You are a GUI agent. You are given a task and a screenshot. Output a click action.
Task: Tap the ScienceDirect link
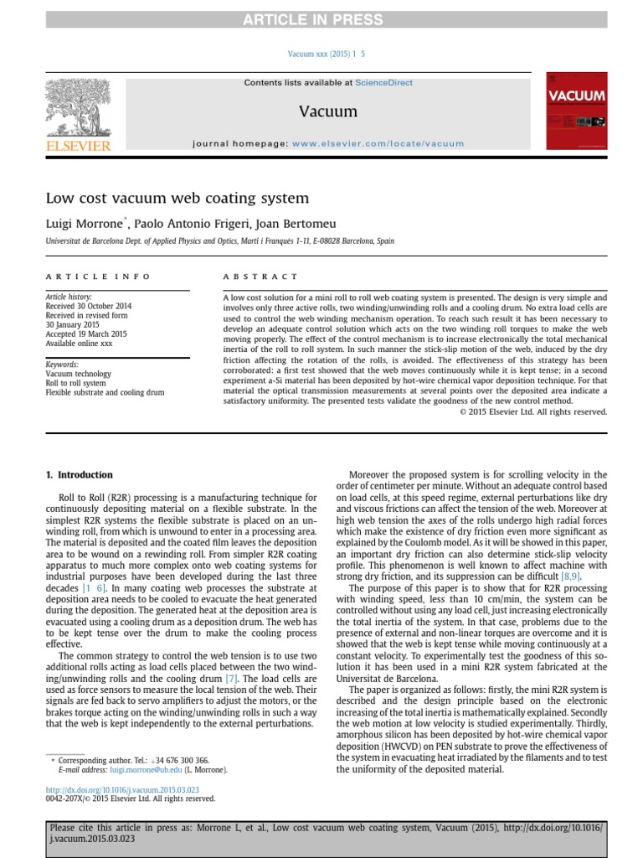[x=383, y=83]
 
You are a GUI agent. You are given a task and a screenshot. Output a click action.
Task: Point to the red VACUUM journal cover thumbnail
[x=576, y=111]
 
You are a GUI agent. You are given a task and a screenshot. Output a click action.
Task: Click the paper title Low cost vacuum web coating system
[x=177, y=199]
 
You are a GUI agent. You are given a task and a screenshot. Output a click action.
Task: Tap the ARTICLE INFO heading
[x=98, y=276]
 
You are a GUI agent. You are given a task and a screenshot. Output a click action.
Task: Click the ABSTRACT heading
[x=260, y=276]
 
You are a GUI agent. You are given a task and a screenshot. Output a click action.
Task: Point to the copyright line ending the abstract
[x=533, y=411]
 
